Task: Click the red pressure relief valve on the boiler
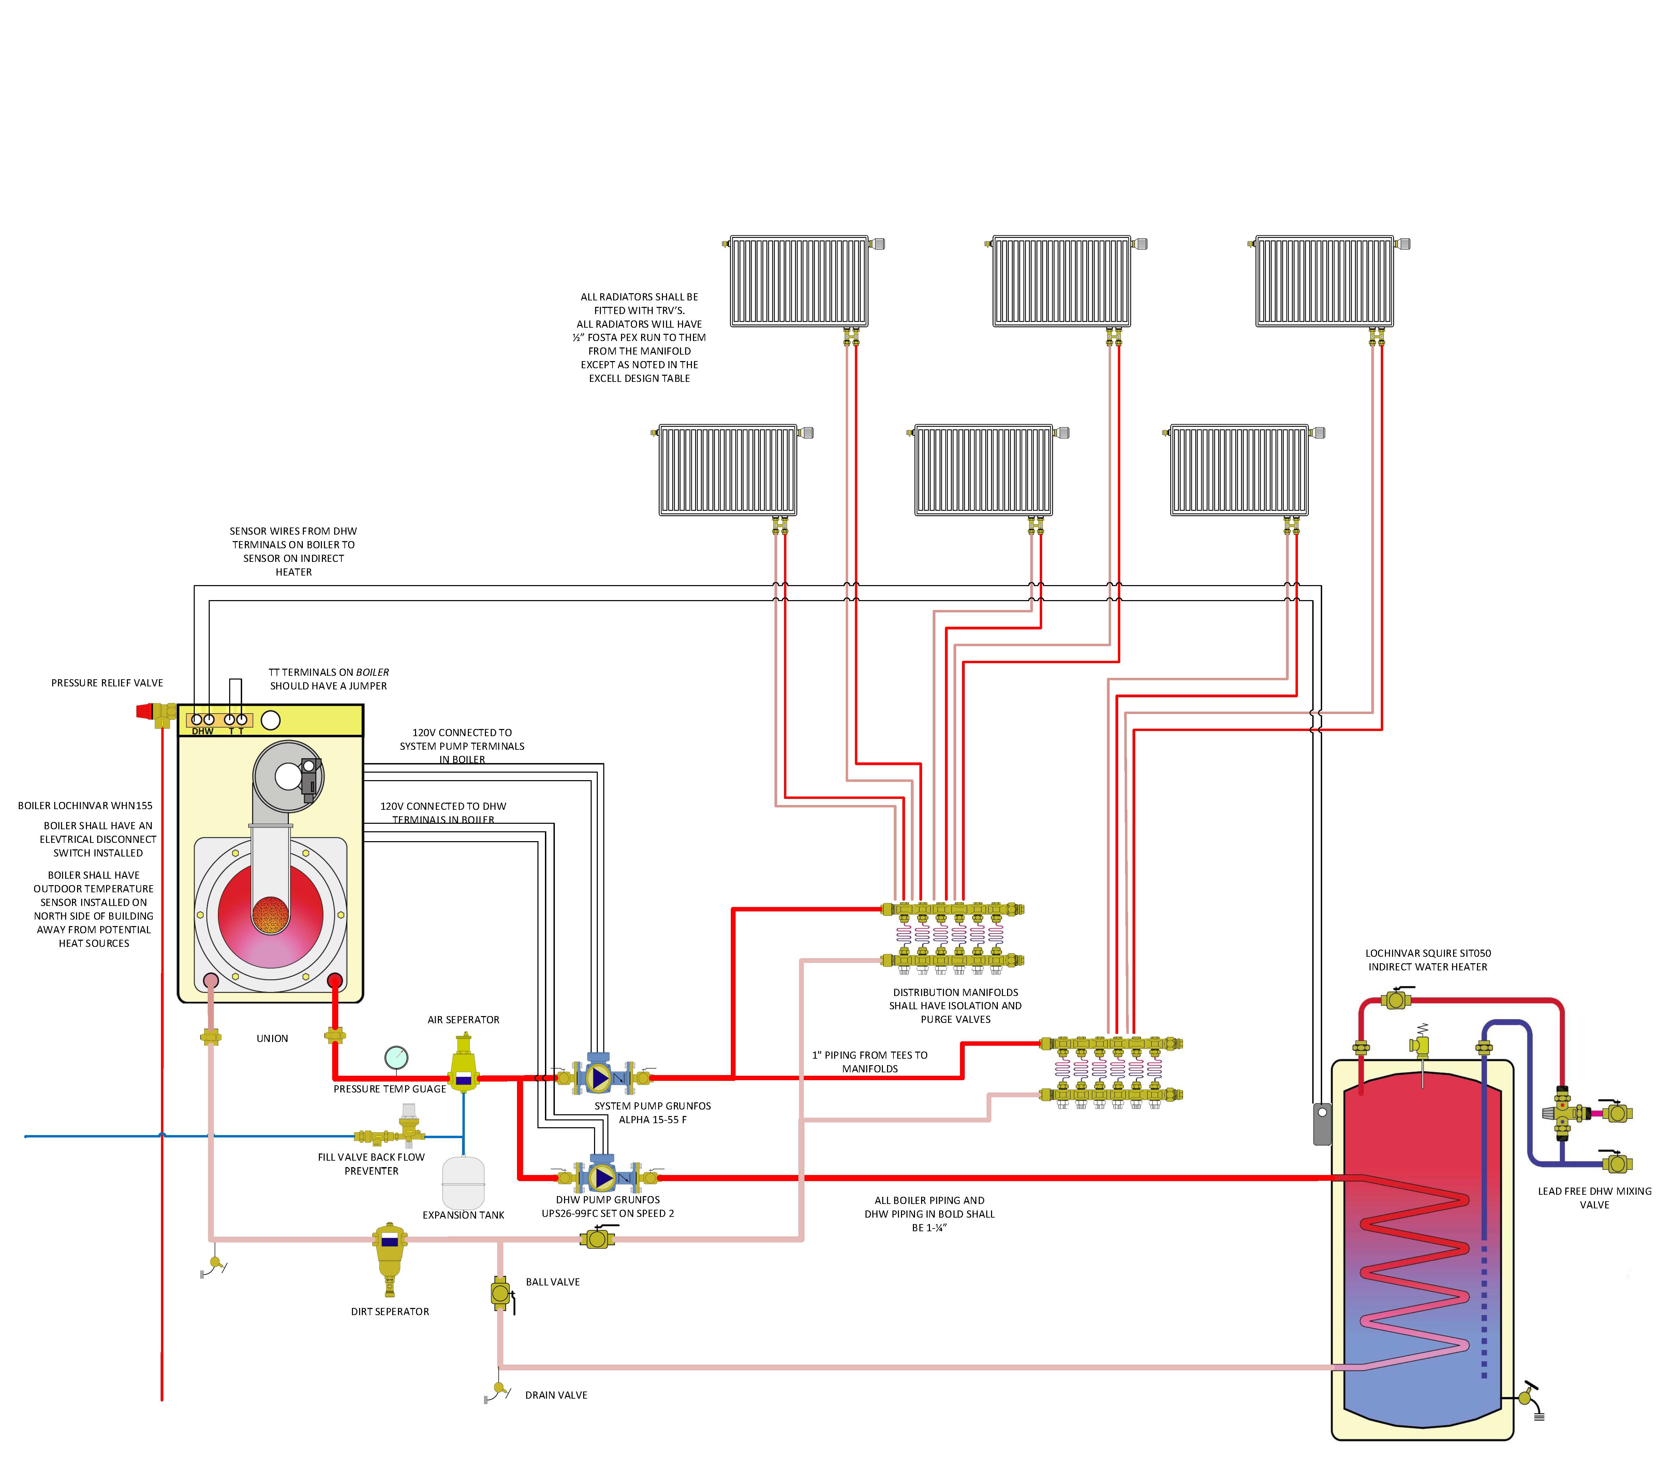[x=147, y=712]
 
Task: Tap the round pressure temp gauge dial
[x=396, y=1057]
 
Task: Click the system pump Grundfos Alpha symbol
[x=600, y=1078]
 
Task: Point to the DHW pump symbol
[x=603, y=1177]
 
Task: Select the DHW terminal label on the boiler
[x=203, y=731]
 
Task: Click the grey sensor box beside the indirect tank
[x=1322, y=1123]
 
